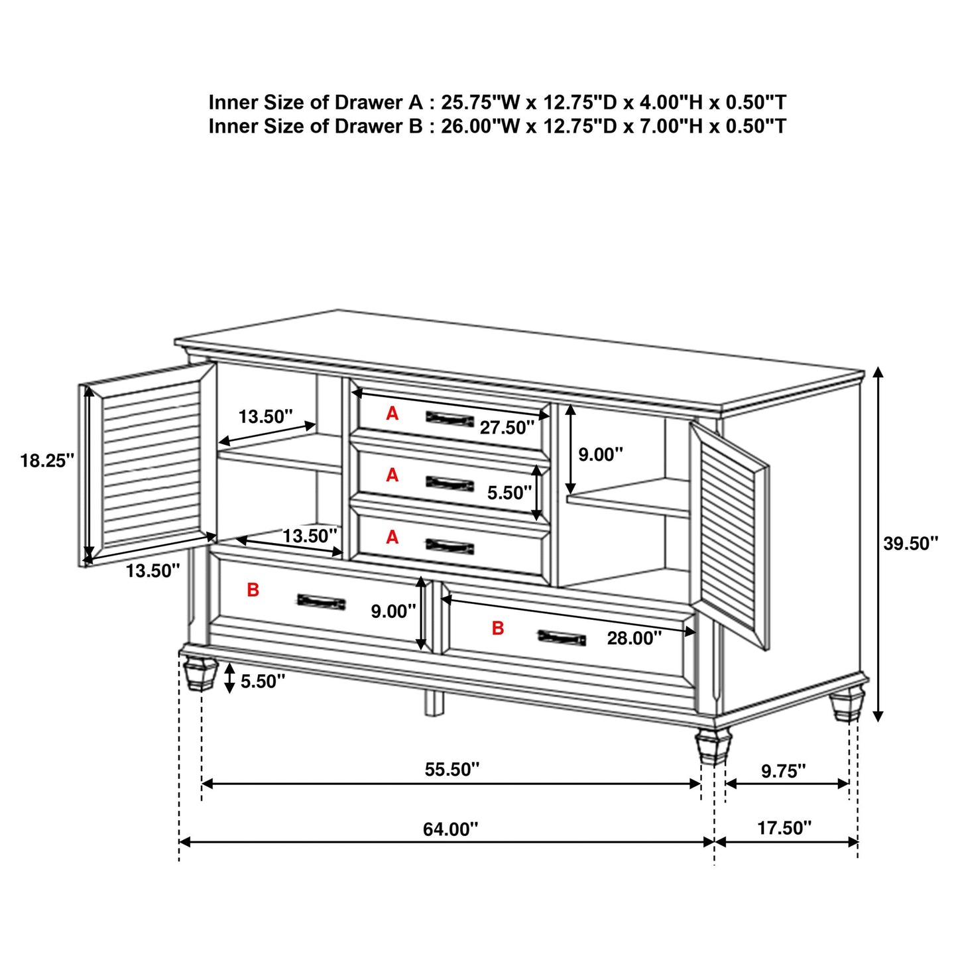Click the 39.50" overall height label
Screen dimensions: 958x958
pyautogui.click(x=910, y=544)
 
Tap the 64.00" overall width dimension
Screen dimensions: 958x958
pyautogui.click(x=450, y=829)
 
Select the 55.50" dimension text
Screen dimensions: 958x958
pyautogui.click(x=451, y=769)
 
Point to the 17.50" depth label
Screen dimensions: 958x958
pyautogui.click(x=784, y=827)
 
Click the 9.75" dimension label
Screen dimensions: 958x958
pyautogui.click(x=783, y=770)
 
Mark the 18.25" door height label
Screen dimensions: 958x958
pyautogui.click(x=46, y=460)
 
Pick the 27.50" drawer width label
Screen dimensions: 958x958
pyautogui.click(x=507, y=428)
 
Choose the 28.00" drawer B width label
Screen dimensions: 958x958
pyautogui.click(x=634, y=638)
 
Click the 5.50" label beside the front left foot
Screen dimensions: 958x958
pyautogui.click(x=263, y=681)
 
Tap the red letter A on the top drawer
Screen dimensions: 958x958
pyautogui.click(x=392, y=414)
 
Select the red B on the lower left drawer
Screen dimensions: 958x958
pyautogui.click(x=253, y=589)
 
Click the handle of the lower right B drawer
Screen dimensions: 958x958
pyautogui.click(x=562, y=638)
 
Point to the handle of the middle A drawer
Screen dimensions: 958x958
pyautogui.click(x=449, y=483)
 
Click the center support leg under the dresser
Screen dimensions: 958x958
pyautogui.click(x=434, y=703)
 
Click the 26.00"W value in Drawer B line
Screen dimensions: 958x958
pyautogui.click(x=481, y=126)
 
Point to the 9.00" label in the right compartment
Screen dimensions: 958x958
pyautogui.click(x=601, y=454)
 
